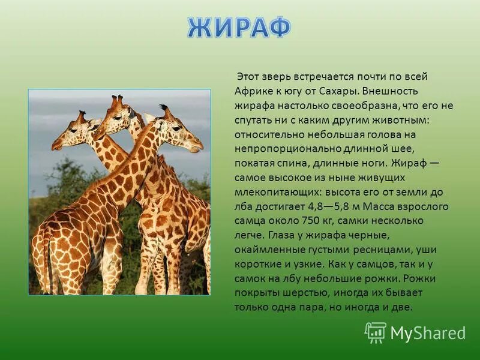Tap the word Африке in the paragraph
[254, 92]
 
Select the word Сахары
[338, 92]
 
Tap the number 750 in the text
[323, 221]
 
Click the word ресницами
[372, 250]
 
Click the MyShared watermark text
[428, 332]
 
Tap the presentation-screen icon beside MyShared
[376, 332]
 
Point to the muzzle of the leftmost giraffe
[56, 145]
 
